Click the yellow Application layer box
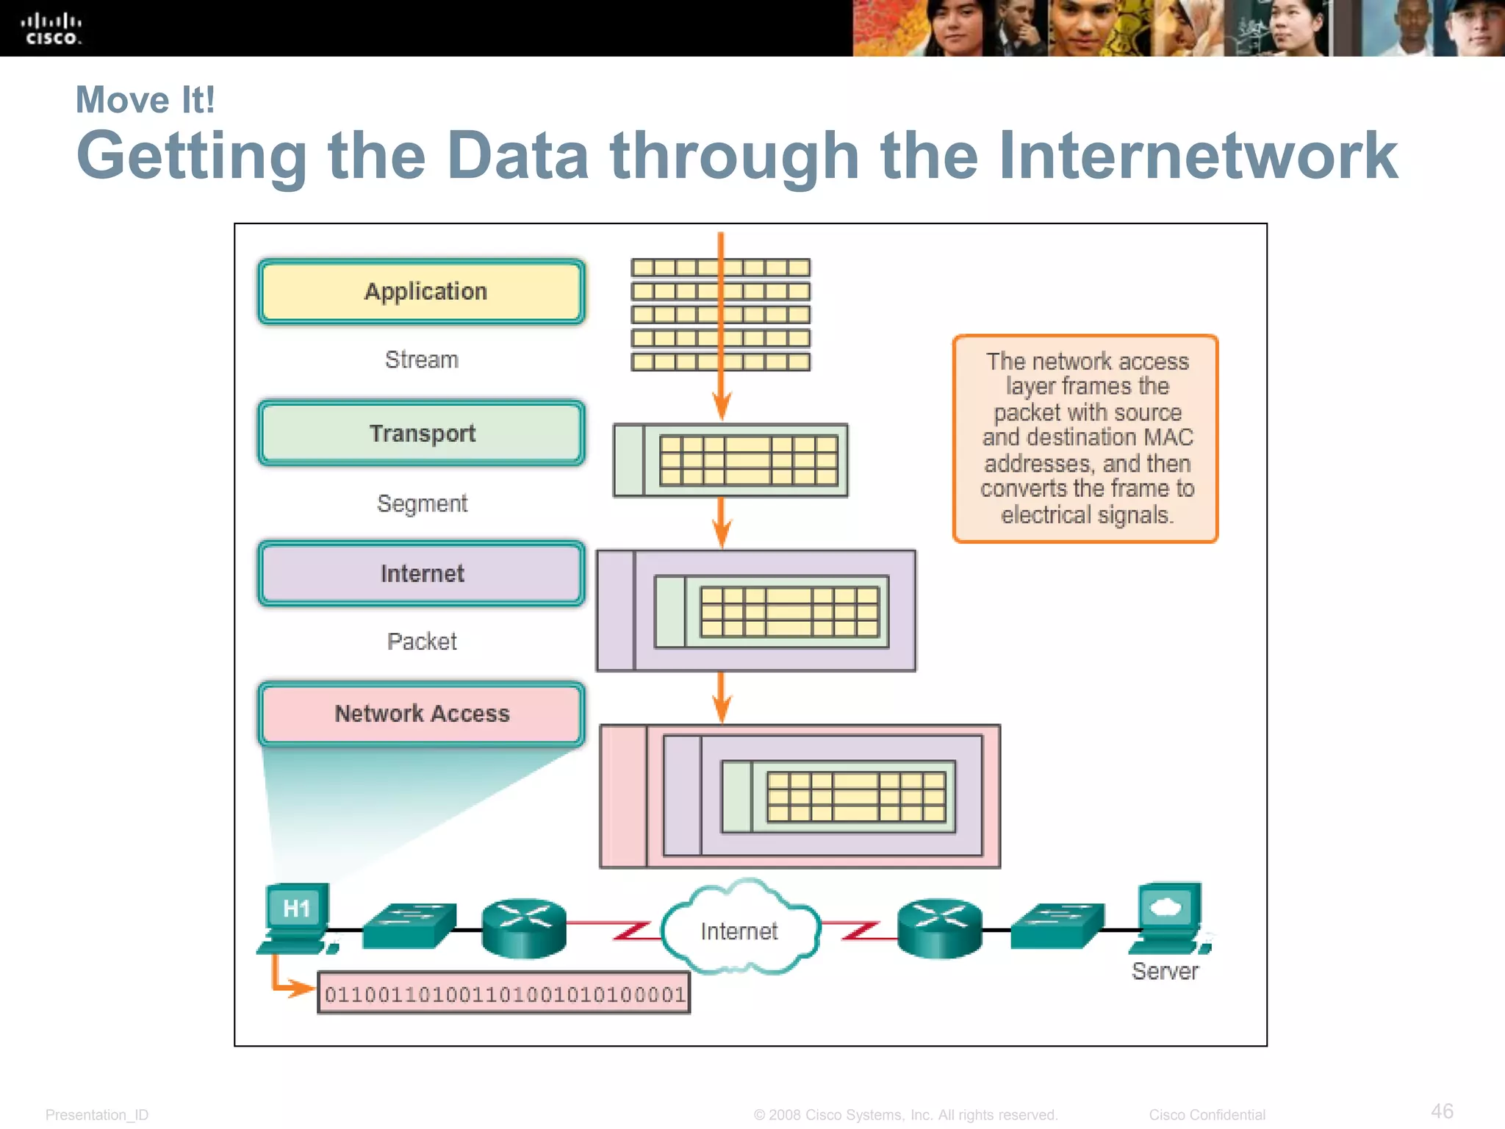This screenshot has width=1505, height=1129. point(422,292)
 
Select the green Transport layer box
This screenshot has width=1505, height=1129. point(422,433)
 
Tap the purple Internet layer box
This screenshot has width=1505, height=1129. point(422,573)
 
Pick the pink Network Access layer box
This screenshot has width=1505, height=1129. point(422,714)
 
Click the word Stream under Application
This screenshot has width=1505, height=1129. point(422,359)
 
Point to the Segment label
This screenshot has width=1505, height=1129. point(422,503)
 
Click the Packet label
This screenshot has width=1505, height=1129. point(422,642)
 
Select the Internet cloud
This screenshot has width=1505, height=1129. point(739,929)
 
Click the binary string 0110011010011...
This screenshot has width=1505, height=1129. point(504,994)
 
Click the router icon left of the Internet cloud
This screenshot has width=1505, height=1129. point(524,928)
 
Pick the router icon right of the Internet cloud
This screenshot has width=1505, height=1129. point(939,928)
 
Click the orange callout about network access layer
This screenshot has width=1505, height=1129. point(1085,439)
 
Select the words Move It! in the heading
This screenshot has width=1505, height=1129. point(146,100)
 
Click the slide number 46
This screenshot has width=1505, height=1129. point(1442,1111)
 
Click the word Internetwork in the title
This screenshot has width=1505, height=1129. point(1198,156)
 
